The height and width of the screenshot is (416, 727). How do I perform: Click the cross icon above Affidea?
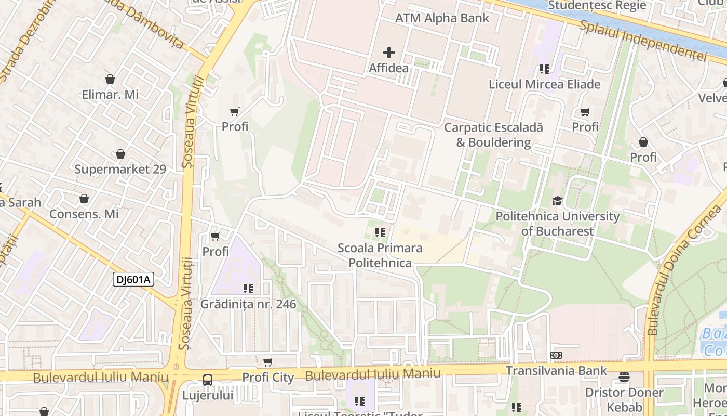click(x=388, y=53)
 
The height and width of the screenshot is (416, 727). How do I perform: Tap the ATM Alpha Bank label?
click(x=442, y=18)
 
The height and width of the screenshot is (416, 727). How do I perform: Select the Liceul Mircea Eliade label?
click(x=544, y=84)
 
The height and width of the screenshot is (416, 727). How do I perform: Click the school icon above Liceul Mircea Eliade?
click(x=544, y=69)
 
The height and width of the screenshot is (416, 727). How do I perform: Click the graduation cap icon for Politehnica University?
click(x=557, y=201)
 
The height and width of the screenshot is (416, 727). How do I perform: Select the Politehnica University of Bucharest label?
click(x=557, y=224)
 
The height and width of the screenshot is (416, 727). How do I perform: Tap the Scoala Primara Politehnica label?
click(x=380, y=255)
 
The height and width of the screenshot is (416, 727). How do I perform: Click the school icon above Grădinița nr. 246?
click(x=248, y=288)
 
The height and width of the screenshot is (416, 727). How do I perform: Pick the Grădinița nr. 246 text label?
click(x=248, y=304)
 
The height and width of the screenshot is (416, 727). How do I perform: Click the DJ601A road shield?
click(x=133, y=280)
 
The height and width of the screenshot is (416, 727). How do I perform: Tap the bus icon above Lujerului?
click(x=208, y=380)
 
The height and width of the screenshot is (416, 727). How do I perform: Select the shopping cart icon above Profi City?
click(x=268, y=362)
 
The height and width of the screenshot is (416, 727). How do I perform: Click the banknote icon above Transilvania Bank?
click(x=556, y=355)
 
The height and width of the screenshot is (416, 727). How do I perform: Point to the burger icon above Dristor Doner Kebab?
click(x=624, y=377)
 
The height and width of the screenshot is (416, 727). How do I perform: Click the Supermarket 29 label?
click(x=120, y=170)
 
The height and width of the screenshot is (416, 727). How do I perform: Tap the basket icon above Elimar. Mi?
click(x=110, y=79)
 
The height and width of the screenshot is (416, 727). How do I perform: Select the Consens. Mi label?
click(x=84, y=214)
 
